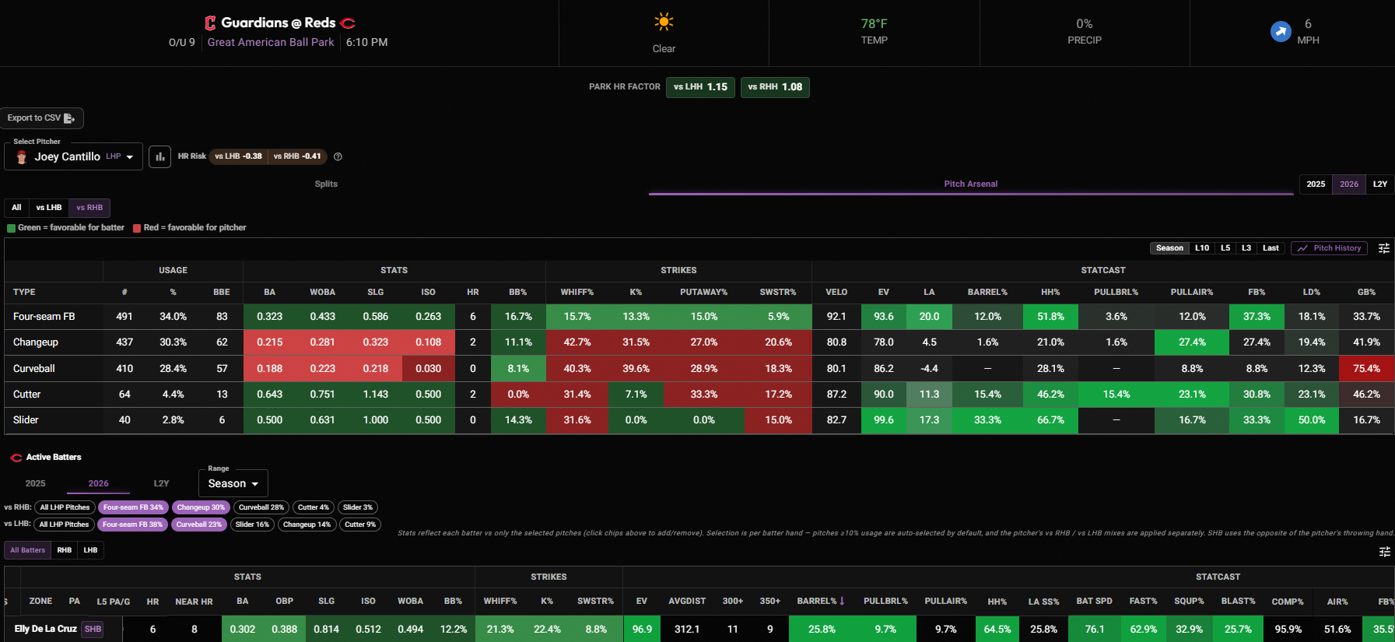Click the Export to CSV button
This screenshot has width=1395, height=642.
click(x=40, y=118)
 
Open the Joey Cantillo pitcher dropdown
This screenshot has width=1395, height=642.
click(x=74, y=156)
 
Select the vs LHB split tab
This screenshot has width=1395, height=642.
click(x=48, y=208)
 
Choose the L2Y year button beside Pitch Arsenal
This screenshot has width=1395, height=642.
click(x=1379, y=184)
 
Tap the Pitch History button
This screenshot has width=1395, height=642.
click(x=1329, y=248)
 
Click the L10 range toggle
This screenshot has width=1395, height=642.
click(x=1202, y=248)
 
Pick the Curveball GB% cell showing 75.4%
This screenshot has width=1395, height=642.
click(x=1366, y=369)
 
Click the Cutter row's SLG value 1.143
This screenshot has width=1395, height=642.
click(x=375, y=395)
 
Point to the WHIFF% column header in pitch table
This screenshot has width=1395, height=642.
click(x=577, y=293)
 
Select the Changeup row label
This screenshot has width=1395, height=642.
click(x=36, y=342)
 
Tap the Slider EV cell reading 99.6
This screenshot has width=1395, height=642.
click(x=884, y=420)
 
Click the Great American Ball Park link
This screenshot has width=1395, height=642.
click(x=271, y=43)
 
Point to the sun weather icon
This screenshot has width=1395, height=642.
click(x=664, y=22)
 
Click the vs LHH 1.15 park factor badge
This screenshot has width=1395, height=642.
click(x=700, y=87)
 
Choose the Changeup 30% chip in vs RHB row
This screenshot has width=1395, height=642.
click(x=201, y=507)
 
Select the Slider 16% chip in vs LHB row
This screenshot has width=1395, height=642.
click(x=252, y=524)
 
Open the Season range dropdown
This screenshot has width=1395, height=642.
click(x=233, y=483)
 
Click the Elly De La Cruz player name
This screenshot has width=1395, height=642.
click(x=46, y=629)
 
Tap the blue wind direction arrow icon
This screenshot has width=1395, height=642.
click(x=1281, y=31)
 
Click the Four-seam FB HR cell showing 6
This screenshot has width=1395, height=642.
click(x=473, y=317)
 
